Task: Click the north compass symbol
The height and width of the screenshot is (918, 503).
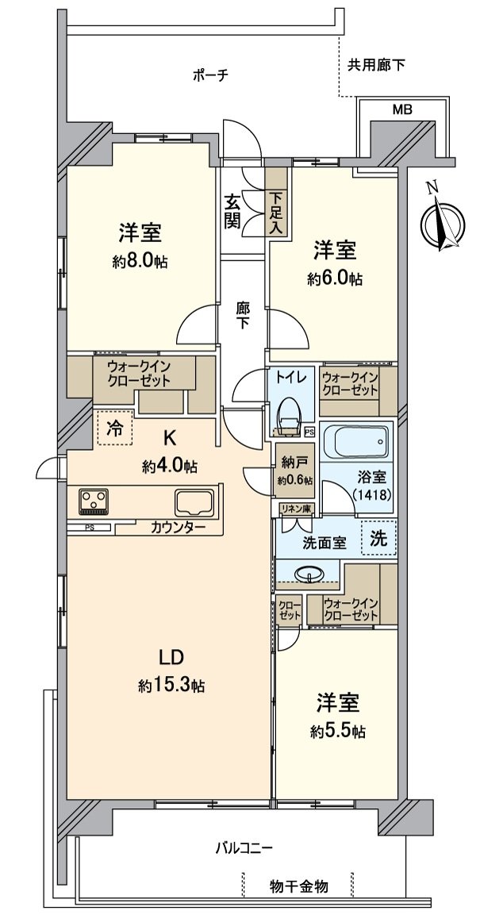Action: [x=443, y=222]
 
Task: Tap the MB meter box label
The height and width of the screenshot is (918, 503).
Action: [x=401, y=109]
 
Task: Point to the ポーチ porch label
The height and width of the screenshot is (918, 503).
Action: [x=209, y=75]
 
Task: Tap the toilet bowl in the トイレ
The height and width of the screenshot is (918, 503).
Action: [x=288, y=415]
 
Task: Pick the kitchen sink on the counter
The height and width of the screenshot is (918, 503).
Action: [x=194, y=502]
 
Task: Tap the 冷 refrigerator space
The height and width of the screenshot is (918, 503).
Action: [x=115, y=428]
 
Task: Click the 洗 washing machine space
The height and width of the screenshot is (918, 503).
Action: [x=379, y=538]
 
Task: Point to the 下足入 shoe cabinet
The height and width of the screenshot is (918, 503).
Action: [x=276, y=202]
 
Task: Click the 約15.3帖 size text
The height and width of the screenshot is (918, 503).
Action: [x=171, y=685]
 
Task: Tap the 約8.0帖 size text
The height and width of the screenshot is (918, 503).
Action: [x=140, y=262]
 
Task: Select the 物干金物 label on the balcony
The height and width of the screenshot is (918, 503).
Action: [x=299, y=886]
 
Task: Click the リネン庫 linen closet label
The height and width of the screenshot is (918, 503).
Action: [x=298, y=508]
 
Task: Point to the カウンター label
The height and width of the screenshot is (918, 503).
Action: [x=178, y=527]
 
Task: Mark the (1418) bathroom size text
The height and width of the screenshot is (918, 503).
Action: [x=372, y=494]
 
